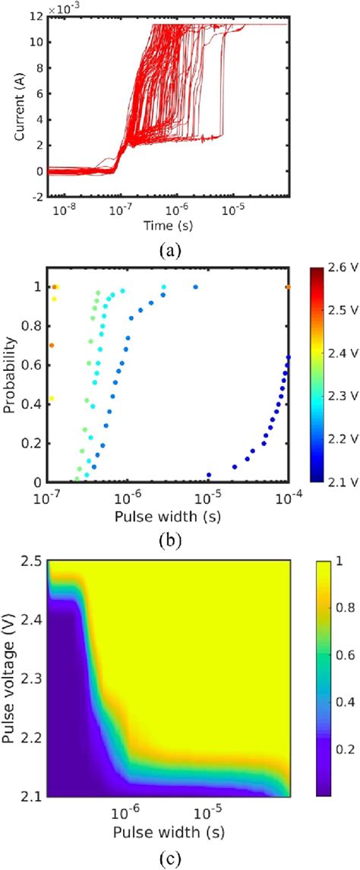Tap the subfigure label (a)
pos(169,248)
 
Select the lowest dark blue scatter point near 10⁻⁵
pos(209,475)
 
